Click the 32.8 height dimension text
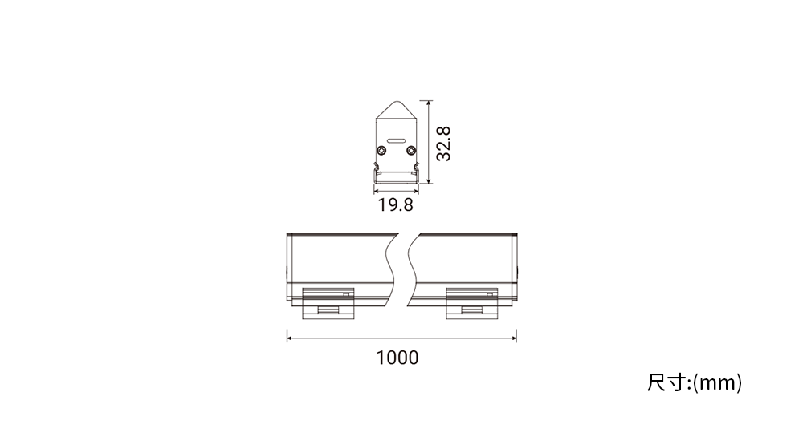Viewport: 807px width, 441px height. [x=443, y=144]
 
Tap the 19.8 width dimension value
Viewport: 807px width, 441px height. [x=396, y=204]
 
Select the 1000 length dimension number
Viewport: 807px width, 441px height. [x=397, y=358]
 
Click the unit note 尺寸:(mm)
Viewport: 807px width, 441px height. [x=695, y=383]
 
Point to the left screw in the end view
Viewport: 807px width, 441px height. [x=381, y=150]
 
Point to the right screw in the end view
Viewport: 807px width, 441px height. [x=410, y=150]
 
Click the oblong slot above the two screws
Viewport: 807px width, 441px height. [x=396, y=140]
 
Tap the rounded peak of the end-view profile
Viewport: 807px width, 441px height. [x=397, y=103]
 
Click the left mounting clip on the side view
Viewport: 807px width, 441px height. [x=328, y=303]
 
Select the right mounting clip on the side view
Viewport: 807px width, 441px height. [x=472, y=303]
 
